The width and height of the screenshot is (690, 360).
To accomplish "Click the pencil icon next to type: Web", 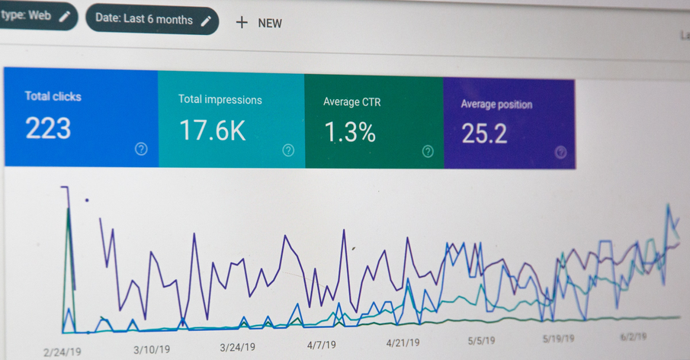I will pos(66,15).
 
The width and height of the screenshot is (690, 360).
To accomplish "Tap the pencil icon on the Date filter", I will pos(205,21).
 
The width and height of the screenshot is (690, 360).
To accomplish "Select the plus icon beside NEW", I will pos(242,22).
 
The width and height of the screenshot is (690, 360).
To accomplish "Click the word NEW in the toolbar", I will pos(270,23).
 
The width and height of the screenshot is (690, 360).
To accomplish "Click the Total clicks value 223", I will pos(48,128).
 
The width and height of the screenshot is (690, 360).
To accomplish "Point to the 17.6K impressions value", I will pos(213,130).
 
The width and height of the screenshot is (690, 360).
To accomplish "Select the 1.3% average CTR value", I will pos(350,133).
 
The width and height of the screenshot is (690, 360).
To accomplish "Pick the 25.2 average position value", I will pos(484,134).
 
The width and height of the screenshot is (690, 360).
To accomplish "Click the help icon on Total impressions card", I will pos(288,150).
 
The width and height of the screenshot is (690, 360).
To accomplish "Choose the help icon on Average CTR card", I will pos(428,151).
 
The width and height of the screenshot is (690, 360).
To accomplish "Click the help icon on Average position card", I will pos(560,152).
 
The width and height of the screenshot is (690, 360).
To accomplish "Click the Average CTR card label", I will pos(351,101).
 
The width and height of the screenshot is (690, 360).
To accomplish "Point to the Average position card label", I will pos(496,104).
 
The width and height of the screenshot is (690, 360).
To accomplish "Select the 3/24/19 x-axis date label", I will pos(239,347).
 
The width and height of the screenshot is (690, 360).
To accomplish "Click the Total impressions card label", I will pos(220,99).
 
